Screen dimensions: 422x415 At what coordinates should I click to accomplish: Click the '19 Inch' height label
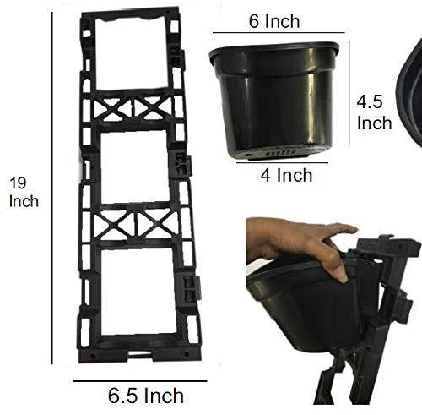24,192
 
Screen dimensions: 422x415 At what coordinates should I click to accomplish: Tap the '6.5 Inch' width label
146,396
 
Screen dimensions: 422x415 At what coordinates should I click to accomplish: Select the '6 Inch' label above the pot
274,21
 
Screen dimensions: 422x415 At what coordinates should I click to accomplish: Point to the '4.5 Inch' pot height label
374,112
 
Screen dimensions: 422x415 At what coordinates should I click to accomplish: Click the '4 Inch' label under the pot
286,175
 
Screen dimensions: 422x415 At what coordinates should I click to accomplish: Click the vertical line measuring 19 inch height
52,188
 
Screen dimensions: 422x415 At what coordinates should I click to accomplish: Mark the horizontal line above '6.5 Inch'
140,381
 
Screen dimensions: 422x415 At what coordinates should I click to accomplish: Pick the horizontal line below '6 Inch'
279,33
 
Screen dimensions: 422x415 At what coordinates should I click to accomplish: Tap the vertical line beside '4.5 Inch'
349,93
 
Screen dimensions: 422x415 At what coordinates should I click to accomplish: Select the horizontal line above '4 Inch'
282,162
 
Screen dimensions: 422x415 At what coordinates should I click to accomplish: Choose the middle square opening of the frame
135,167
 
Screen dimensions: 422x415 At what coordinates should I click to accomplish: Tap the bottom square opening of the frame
138,291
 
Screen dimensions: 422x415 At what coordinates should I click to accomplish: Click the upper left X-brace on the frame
112,108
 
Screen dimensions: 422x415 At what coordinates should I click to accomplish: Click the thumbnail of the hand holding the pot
333,311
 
